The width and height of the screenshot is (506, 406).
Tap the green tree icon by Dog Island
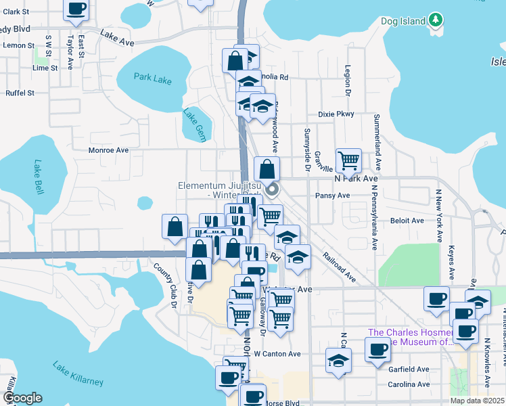pos(437,20)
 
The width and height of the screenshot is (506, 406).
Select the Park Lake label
pos(152,78)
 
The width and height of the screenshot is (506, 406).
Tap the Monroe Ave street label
pos(108,150)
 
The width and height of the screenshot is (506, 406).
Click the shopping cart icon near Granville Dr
pos(348,160)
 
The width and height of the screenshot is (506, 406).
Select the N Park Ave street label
pos(356,179)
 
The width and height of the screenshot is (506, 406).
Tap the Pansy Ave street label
pos(332,196)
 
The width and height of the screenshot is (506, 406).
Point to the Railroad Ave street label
pos(338,267)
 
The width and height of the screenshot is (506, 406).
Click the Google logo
pos(22,398)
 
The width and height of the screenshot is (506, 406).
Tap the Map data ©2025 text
pos(478,401)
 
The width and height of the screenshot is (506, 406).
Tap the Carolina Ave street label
pos(409,384)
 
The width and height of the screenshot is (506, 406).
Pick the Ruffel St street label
pos(20,93)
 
